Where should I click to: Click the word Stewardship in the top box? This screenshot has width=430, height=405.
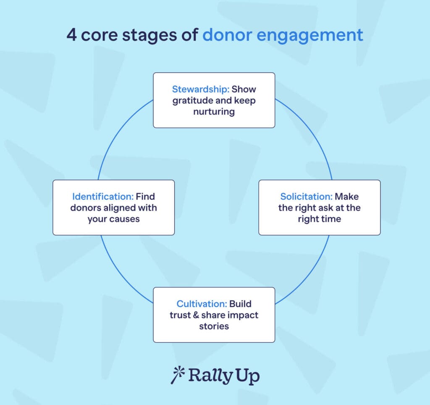coord(200,89)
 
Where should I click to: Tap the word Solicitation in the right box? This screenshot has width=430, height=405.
coord(306,196)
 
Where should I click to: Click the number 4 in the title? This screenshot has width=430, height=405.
coord(71,35)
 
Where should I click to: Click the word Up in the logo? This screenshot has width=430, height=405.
coord(246,376)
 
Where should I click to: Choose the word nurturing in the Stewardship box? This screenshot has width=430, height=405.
coord(214,112)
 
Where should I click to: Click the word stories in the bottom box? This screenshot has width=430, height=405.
coord(214,326)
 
